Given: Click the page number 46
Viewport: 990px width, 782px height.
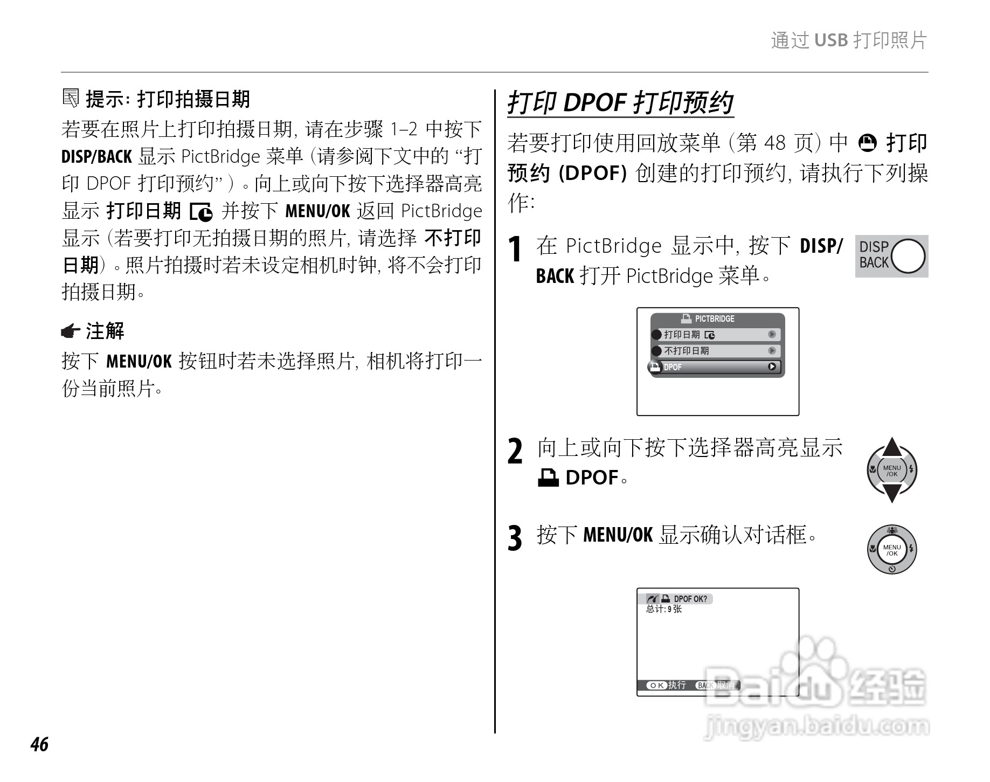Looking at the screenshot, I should pos(40,744).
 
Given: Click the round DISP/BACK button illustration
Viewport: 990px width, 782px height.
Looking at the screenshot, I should pos(908,256).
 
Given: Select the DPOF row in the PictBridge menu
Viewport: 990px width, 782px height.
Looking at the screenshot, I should pos(716,367).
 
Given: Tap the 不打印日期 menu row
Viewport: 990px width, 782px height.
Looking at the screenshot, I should pos(716,351).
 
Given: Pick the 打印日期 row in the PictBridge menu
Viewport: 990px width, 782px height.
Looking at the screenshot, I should pos(716,335).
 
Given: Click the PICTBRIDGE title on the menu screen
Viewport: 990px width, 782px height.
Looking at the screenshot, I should pos(714,319).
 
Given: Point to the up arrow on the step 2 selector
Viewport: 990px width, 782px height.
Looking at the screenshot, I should pos(892,447).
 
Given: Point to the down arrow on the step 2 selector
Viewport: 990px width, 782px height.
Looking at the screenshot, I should pos(892,493).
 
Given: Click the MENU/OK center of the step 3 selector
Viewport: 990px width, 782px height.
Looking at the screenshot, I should pos(892,550).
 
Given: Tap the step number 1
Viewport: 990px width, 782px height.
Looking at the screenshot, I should pos(516,250).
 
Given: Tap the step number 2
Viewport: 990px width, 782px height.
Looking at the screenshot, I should pos(515,452).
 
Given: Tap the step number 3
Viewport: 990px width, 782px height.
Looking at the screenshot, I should pos(515,538).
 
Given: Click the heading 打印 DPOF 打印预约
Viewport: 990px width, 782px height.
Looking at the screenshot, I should pos(620,103).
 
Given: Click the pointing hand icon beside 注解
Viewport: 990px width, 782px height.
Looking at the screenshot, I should pos(71,331).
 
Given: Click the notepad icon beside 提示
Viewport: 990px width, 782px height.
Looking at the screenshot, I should pos(71,98).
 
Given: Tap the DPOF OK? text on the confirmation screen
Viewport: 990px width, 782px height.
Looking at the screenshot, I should pos(690,599).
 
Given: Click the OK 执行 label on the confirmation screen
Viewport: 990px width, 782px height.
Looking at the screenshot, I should pos(666,685).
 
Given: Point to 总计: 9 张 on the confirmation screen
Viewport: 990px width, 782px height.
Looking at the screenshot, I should pos(664,609).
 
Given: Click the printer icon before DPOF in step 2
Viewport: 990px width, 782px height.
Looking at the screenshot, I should pos(548,477).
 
